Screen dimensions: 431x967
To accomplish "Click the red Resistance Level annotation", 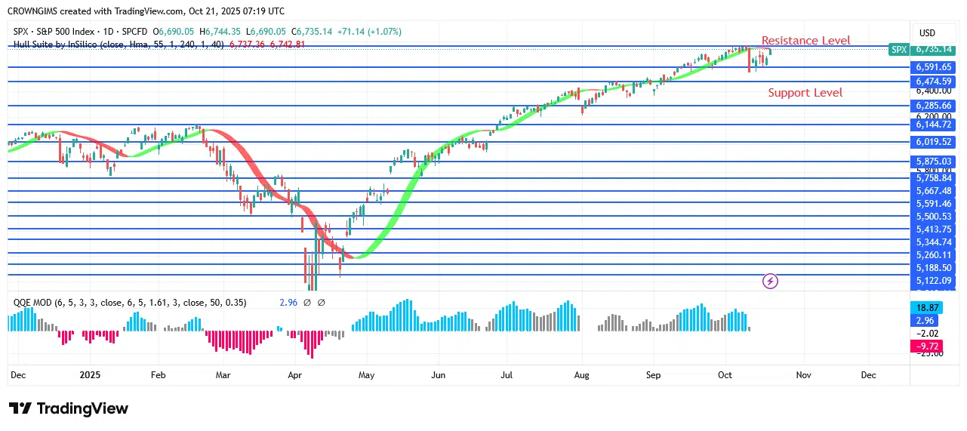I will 805,41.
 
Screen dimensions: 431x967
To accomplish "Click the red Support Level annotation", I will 805,93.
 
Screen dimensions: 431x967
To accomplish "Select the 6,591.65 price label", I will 934,67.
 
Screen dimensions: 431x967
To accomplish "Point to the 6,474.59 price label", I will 934,81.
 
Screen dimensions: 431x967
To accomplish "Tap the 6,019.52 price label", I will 934,142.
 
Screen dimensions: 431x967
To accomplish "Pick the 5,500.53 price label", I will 934,217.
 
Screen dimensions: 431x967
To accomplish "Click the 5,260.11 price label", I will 934,255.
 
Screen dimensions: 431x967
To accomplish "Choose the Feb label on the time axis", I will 158,374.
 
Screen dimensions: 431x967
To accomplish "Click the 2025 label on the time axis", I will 90,374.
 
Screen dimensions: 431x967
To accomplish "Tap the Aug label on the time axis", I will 581,374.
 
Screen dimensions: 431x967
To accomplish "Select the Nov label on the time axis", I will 803,374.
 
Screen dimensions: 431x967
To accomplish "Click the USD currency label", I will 926,33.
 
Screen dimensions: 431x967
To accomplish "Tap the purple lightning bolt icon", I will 770,282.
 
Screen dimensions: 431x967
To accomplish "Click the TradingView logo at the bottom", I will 69,408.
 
